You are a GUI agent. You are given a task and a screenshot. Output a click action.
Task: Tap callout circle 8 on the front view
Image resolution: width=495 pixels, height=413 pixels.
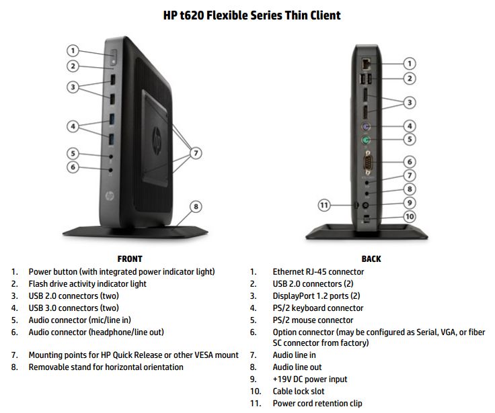(196, 207)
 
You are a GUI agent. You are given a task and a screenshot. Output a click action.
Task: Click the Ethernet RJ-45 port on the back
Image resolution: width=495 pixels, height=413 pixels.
(366, 63)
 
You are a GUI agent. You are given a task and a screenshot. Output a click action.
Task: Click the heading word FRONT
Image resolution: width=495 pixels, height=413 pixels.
(130, 259)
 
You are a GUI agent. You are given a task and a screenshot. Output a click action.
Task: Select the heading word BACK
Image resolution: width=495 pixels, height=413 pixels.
(371, 259)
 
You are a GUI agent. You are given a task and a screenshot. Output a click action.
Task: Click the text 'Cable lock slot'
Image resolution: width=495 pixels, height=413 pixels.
(303, 391)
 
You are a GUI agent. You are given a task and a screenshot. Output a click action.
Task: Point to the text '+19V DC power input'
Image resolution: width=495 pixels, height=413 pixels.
(310, 379)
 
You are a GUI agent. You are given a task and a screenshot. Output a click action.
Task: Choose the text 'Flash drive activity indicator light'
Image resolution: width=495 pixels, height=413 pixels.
(87, 284)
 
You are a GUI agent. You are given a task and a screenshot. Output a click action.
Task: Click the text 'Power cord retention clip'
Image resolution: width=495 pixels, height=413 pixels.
(317, 404)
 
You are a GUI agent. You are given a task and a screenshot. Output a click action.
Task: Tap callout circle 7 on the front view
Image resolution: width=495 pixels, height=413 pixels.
(196, 153)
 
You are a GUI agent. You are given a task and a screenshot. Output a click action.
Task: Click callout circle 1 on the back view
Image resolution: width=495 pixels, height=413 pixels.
(409, 64)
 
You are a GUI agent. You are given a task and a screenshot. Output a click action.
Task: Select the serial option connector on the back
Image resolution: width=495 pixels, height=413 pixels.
(367, 161)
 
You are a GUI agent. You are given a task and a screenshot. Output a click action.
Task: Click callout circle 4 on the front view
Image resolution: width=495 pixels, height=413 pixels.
(74, 126)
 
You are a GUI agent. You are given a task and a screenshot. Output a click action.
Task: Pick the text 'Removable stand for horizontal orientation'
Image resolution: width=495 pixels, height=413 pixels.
(106, 367)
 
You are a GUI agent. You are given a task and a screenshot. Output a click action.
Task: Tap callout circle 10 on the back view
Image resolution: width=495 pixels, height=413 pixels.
(409, 216)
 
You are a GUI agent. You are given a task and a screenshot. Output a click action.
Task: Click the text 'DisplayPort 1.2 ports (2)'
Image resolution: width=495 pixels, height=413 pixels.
(317, 296)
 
